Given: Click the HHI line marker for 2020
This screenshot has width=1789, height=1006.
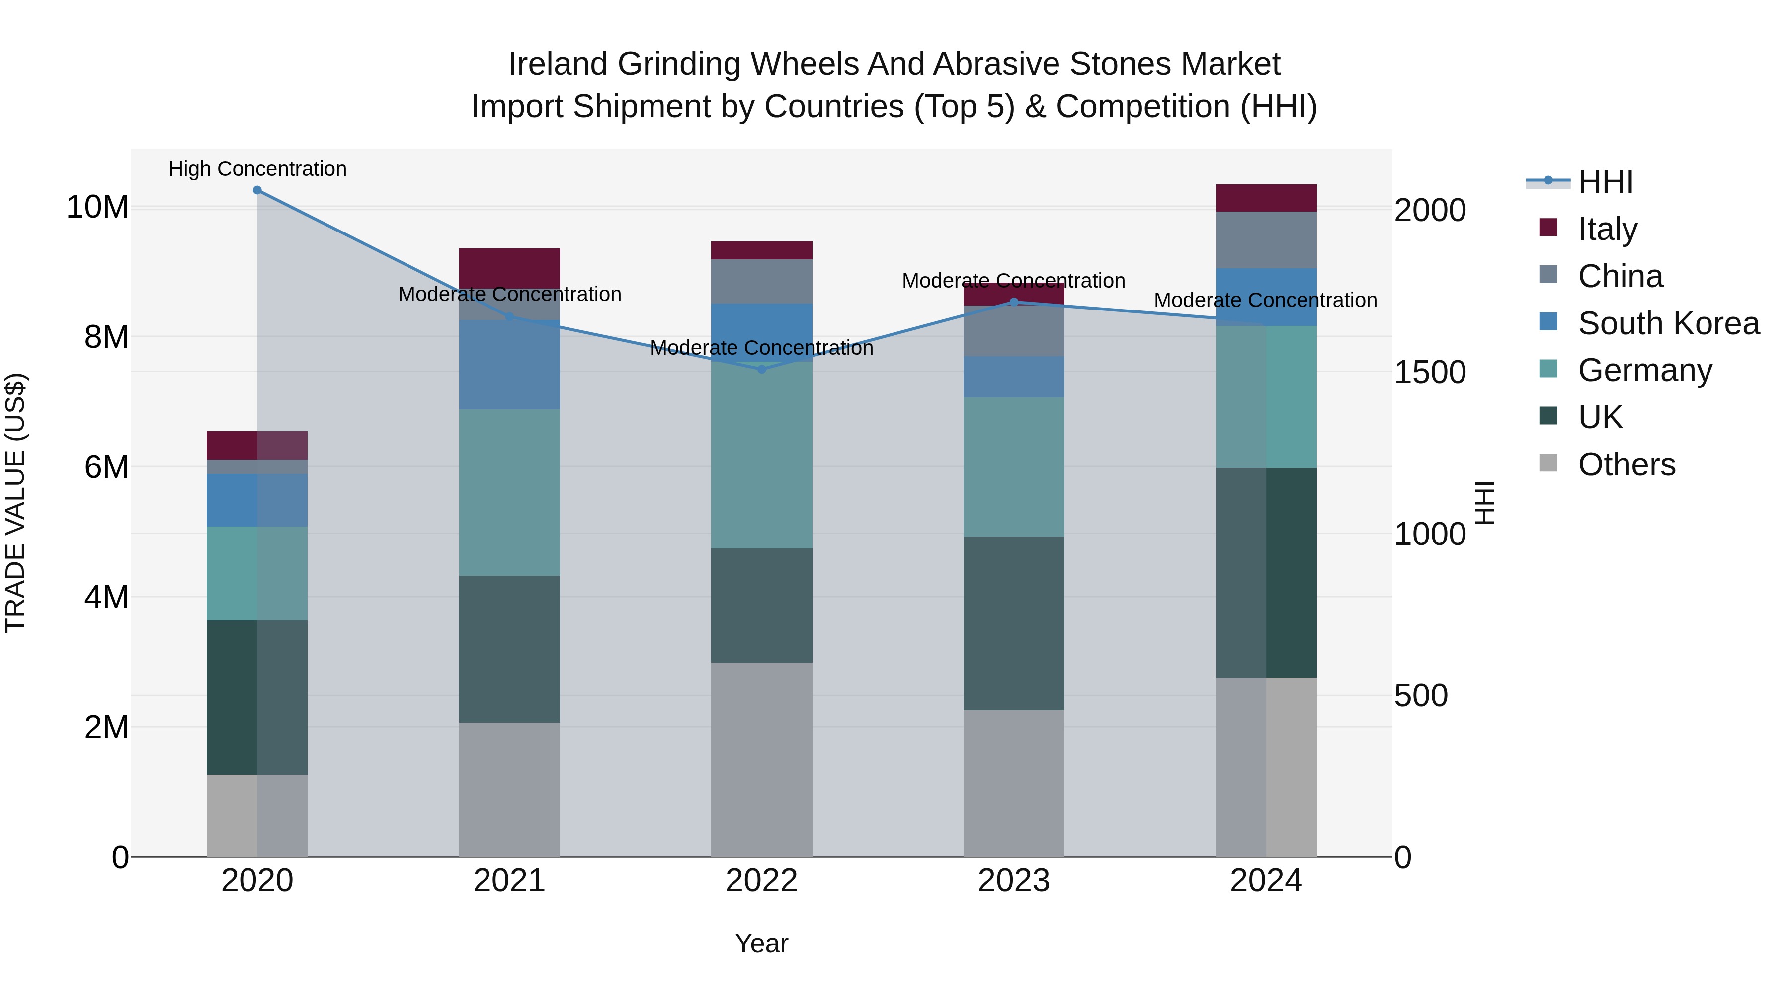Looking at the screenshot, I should [257, 190].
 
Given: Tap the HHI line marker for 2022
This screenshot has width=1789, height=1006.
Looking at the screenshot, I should [761, 369].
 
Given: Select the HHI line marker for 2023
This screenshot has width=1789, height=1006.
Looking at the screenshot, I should [1013, 302].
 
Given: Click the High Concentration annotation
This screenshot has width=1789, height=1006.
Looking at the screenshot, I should [257, 169].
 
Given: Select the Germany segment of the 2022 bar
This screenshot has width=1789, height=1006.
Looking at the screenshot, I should [761, 455].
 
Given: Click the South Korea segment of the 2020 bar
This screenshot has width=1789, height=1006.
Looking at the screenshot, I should [257, 500].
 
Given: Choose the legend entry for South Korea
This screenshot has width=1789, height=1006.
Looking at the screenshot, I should [1667, 323].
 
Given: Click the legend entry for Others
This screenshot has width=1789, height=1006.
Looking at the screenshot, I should [1625, 464].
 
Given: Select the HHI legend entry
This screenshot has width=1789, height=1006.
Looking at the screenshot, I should [1604, 182].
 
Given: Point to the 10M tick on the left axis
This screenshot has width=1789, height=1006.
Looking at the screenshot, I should [97, 207].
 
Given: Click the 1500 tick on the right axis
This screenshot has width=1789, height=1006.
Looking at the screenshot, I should [1429, 372].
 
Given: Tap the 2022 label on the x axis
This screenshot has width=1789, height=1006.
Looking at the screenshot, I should [761, 881].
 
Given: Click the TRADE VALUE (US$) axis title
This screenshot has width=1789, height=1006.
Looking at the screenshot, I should [15, 503].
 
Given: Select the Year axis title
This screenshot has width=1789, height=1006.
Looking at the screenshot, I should [761, 943].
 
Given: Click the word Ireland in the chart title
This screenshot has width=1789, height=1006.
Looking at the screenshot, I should [559, 64].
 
